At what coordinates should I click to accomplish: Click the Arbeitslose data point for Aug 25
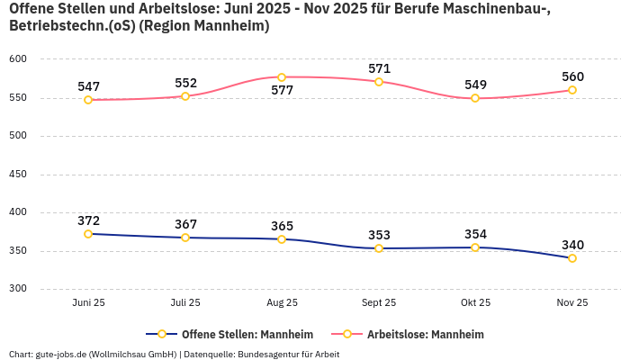click(282, 77)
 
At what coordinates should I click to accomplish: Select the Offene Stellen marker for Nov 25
click(572, 258)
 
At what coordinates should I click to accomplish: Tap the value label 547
click(88, 86)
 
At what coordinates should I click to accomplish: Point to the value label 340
click(572, 245)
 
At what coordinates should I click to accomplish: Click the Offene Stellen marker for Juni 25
click(88, 234)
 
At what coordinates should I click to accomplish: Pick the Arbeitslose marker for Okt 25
click(475, 98)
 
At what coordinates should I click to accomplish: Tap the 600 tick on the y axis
click(18, 59)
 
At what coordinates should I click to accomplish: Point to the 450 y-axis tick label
click(18, 175)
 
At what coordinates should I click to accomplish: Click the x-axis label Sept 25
click(379, 303)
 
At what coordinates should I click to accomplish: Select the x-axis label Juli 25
click(185, 303)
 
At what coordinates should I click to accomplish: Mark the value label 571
click(379, 68)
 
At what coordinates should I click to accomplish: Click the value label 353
click(379, 235)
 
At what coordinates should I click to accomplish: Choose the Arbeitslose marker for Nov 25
click(572, 90)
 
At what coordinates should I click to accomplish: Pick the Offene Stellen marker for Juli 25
click(185, 238)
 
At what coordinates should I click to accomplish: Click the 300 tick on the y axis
click(18, 289)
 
